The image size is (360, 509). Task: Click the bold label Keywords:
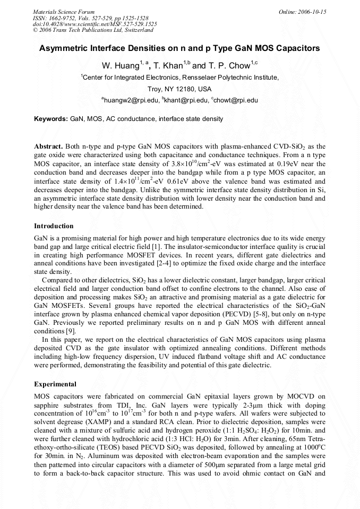(51, 119)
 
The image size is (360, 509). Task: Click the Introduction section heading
(54, 226)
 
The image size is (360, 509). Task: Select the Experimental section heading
(55, 384)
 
